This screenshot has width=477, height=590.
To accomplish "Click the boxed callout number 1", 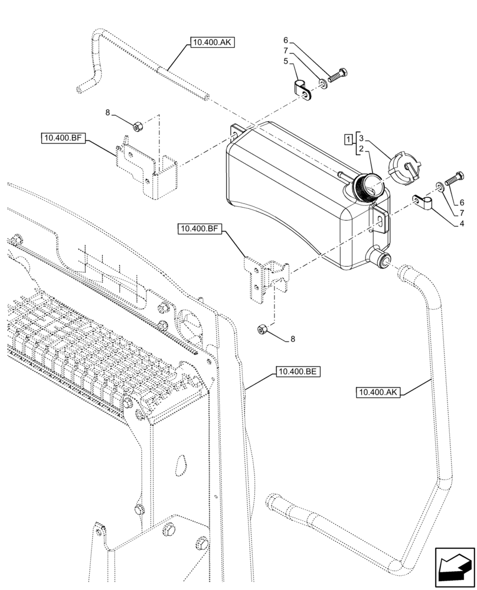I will pyautogui.click(x=349, y=139).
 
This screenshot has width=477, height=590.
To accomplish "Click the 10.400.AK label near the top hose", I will pyautogui.click(x=212, y=42).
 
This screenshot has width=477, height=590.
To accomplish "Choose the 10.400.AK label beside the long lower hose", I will pyautogui.click(x=379, y=392).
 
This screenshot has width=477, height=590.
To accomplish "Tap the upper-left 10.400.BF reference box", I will pyautogui.click(x=64, y=139).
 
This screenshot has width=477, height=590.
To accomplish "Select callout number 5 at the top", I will pyautogui.click(x=286, y=61).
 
